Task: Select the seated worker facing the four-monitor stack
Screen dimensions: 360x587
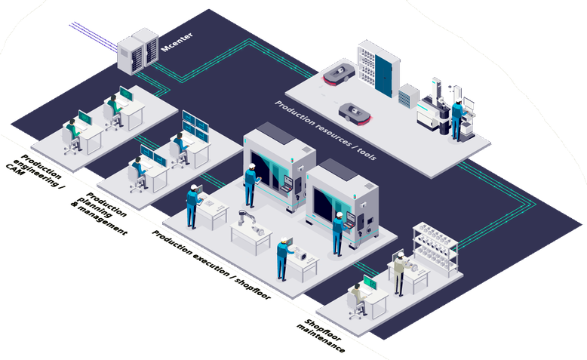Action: coord(180,147)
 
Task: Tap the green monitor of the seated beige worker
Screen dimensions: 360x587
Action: coord(370,283)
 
